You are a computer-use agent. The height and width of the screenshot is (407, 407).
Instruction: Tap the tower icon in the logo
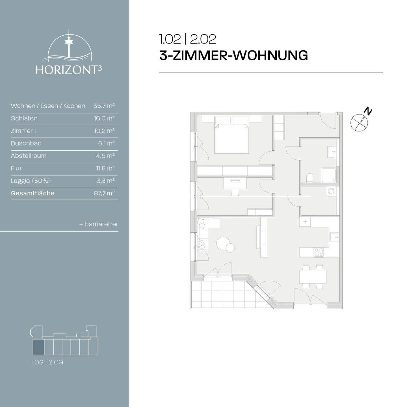coord(68,42)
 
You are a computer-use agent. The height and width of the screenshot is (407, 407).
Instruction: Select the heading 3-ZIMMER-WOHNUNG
coord(233,55)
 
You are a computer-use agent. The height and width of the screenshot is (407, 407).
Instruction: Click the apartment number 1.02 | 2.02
coord(188,39)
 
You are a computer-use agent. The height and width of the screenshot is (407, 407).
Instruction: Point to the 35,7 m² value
coord(104,106)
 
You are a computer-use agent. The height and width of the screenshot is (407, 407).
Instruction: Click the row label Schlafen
coord(24,118)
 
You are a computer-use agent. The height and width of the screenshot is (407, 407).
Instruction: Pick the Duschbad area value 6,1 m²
coord(106,143)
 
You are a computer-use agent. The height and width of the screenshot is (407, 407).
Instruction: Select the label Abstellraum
coord(29,156)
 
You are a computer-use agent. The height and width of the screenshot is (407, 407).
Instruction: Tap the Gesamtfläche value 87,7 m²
coord(104,193)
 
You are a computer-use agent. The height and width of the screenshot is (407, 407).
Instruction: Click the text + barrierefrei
coord(98,224)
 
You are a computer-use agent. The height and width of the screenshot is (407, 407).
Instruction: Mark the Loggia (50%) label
coord(31,181)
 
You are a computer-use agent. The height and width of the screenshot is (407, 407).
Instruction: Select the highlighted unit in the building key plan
coord(39,347)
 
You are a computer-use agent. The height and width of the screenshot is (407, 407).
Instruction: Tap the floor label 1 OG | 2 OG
coord(47,362)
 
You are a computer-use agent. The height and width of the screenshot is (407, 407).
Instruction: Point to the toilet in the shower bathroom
coord(310,178)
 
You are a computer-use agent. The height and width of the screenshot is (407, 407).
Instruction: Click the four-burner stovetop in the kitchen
coord(319,252)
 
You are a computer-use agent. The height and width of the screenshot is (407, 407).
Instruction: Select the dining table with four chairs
coord(313,277)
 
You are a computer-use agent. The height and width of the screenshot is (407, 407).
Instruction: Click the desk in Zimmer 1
coord(235,183)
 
